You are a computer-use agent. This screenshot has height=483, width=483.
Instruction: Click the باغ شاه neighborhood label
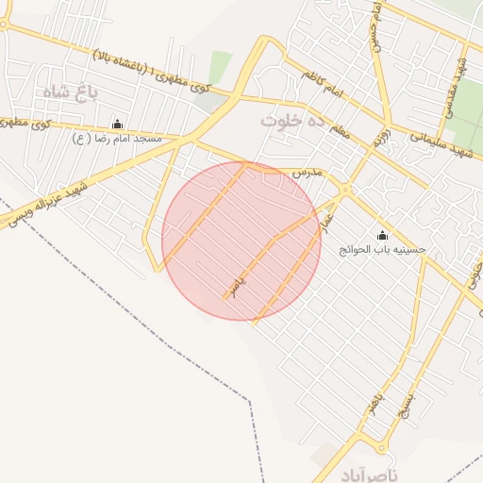(x=70, y=92)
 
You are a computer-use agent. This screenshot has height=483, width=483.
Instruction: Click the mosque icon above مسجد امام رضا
(x=118, y=124)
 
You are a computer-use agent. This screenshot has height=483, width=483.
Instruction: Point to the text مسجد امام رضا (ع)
(x=118, y=138)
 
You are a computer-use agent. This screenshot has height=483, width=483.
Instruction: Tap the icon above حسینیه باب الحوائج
(x=382, y=235)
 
